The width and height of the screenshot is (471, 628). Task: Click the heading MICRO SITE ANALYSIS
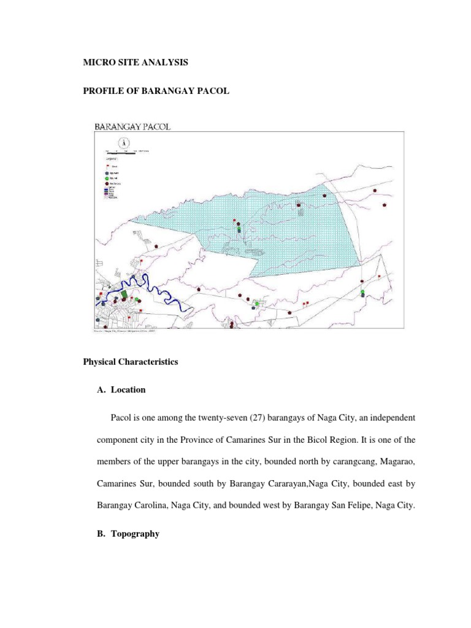coord(136,63)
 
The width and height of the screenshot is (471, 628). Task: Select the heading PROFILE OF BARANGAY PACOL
coord(156,91)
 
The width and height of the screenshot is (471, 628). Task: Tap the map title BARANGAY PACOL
coord(132,126)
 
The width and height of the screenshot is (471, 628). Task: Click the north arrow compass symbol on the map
coord(123,142)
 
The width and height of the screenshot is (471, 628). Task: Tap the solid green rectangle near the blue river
coord(124,294)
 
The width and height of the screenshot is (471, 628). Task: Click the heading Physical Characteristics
coord(130,362)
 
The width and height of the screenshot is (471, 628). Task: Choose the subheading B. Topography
coord(128,534)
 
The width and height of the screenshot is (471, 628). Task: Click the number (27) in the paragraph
coord(271,418)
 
